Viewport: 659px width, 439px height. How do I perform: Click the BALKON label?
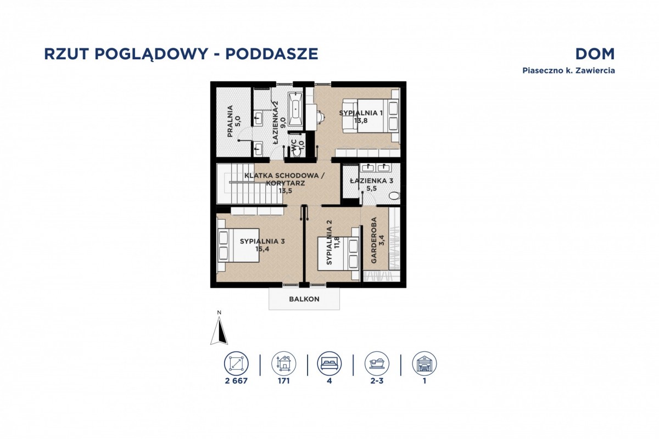click(304, 299)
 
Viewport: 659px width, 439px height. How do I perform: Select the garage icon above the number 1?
click(424, 363)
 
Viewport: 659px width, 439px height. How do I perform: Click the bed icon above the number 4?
click(329, 363)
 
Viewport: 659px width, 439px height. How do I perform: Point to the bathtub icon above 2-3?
click(377, 363)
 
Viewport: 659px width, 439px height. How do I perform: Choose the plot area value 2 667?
click(236, 381)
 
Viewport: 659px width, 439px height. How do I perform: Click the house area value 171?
click(284, 381)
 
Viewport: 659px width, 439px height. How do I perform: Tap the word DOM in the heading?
click(595, 54)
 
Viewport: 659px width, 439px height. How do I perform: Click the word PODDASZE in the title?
click(271, 54)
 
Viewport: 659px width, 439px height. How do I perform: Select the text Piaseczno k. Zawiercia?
click(569, 71)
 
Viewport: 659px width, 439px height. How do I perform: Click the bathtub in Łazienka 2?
click(295, 109)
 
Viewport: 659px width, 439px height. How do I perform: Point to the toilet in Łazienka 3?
click(394, 195)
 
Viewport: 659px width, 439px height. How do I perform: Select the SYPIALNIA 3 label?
click(262, 241)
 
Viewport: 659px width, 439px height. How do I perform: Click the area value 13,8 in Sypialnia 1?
click(361, 120)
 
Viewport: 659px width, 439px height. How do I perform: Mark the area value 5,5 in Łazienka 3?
click(371, 188)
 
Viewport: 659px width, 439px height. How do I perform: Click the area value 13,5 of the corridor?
click(285, 190)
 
